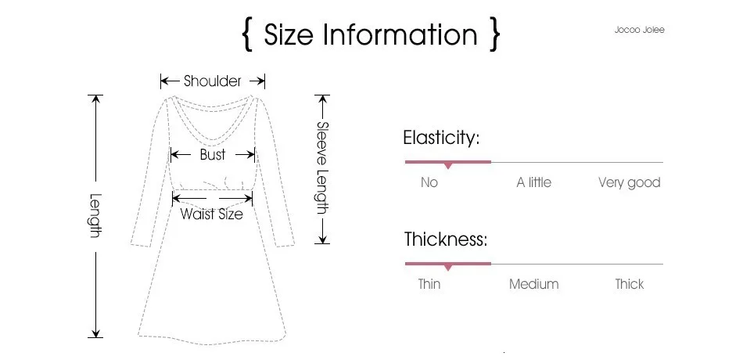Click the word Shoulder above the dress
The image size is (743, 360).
[212, 81]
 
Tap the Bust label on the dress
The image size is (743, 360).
[212, 155]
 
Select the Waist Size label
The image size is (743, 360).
[212, 214]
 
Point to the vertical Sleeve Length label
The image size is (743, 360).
[322, 168]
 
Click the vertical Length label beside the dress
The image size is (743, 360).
[95, 216]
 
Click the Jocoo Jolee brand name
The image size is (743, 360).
[639, 30]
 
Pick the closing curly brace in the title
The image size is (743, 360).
[495, 34]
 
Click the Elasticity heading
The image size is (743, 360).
[441, 138]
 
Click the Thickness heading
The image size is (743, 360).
[446, 239]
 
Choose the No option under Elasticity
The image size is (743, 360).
[429, 182]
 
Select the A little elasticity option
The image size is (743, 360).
[534, 182]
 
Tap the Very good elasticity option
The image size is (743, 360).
[630, 183]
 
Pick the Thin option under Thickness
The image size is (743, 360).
[429, 284]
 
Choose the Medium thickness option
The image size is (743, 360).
[534, 284]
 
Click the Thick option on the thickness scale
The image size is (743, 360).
[630, 284]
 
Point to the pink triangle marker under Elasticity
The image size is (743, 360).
[448, 166]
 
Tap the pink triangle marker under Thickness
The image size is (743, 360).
[448, 268]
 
